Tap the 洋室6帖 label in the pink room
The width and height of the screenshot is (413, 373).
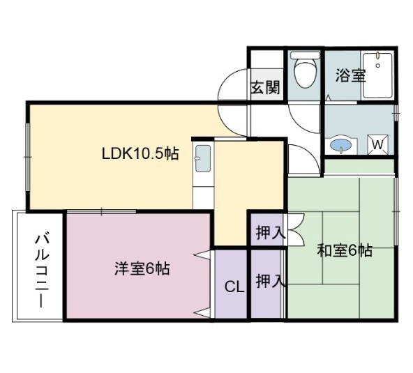click(x=142, y=267)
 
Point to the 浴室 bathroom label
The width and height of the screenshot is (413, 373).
click(x=350, y=76)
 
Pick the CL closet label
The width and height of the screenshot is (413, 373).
click(x=233, y=287)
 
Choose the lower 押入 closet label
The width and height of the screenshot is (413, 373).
click(x=269, y=282)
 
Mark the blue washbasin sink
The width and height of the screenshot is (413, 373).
click(x=340, y=145)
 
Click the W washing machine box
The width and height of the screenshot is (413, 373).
click(x=377, y=144)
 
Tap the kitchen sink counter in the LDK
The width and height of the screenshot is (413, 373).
click(x=203, y=164)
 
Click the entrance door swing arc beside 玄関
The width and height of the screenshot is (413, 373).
click(x=232, y=89)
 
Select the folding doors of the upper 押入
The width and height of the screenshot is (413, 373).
click(x=294, y=232)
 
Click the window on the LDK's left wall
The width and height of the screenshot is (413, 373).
click(x=27, y=157)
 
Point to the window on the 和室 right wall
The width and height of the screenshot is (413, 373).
click(x=395, y=209)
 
